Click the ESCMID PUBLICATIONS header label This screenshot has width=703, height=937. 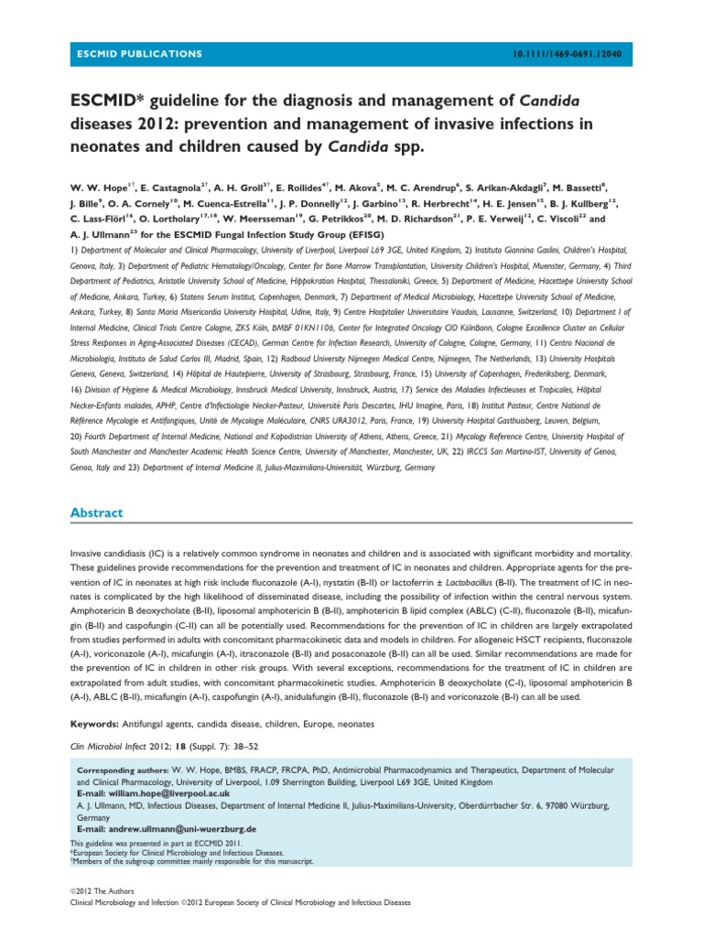(x=137, y=55)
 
